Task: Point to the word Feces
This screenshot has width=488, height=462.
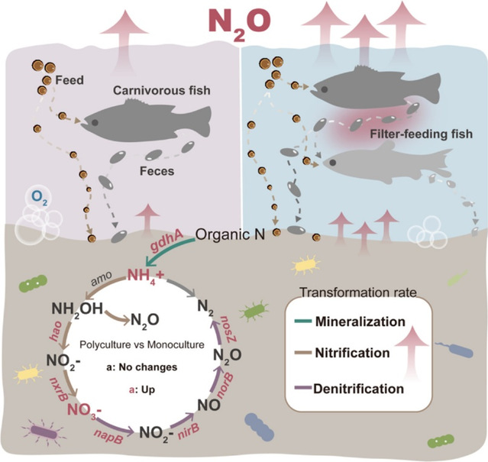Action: [x=157, y=171]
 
